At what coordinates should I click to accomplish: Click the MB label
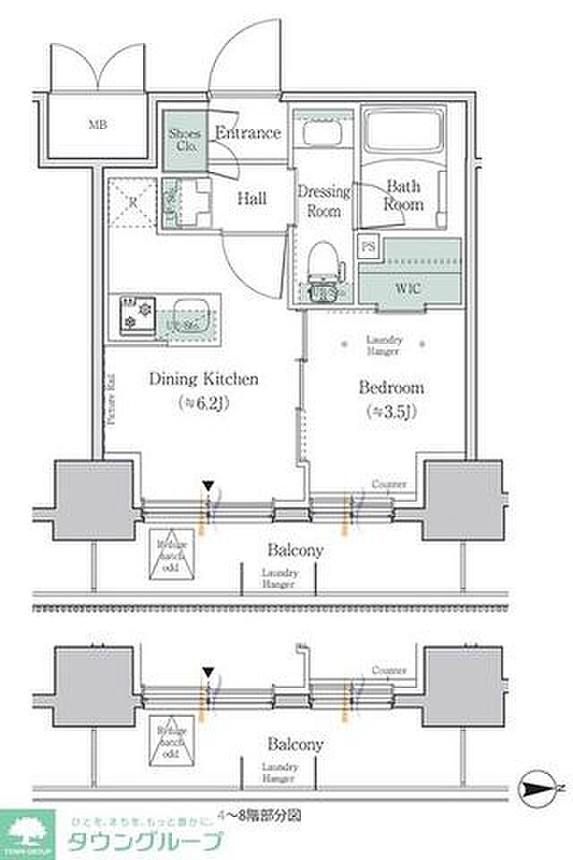click(x=98, y=125)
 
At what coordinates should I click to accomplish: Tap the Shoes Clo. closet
click(x=184, y=140)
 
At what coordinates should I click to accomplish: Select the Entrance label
click(x=249, y=133)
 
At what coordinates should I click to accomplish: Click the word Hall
click(x=252, y=199)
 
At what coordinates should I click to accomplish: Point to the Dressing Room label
click(x=323, y=201)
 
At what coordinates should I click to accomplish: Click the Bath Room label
click(x=404, y=194)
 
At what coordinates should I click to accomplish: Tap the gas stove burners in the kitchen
click(x=137, y=314)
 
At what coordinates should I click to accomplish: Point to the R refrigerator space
click(x=133, y=202)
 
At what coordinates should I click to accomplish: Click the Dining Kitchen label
click(x=204, y=379)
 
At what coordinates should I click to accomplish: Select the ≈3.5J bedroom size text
click(x=391, y=412)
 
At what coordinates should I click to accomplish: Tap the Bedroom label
click(x=391, y=388)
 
